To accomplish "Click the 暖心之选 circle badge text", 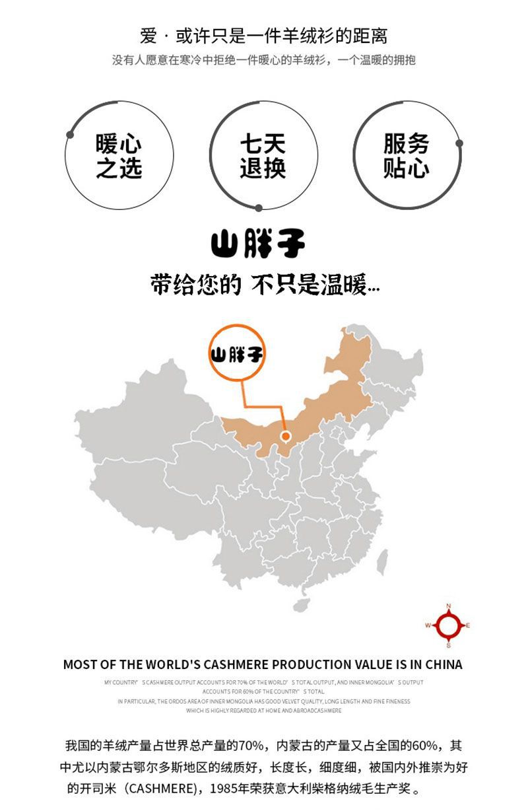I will tap(119, 156).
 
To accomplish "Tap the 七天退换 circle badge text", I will tap(263, 156).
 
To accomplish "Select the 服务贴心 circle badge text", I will tap(406, 156).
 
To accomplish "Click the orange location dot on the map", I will tap(286, 436).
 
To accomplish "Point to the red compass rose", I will tap(448, 625).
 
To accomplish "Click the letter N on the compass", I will tap(448, 606).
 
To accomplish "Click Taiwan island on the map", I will tap(381, 562).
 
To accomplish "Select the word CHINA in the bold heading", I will tap(444, 664).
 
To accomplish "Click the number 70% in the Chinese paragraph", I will tap(251, 746).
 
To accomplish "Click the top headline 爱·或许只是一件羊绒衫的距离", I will tap(263, 36).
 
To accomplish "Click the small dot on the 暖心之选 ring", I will tap(70, 135).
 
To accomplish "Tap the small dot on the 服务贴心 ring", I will tap(459, 143).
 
